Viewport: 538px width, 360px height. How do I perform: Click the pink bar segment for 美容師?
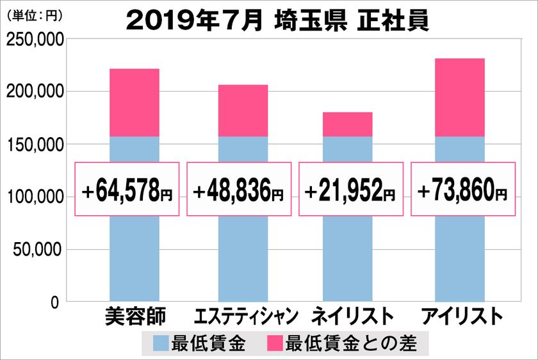[x=134, y=102]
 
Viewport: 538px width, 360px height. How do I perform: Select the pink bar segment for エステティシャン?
[x=243, y=110]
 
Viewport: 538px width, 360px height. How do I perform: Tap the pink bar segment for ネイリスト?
[x=348, y=124]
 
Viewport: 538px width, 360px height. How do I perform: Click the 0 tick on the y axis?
[x=55, y=302]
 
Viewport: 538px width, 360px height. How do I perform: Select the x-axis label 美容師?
[x=134, y=316]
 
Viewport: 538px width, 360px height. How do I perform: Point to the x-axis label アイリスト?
[x=459, y=316]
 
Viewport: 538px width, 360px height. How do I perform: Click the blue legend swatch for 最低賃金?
[x=162, y=344]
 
